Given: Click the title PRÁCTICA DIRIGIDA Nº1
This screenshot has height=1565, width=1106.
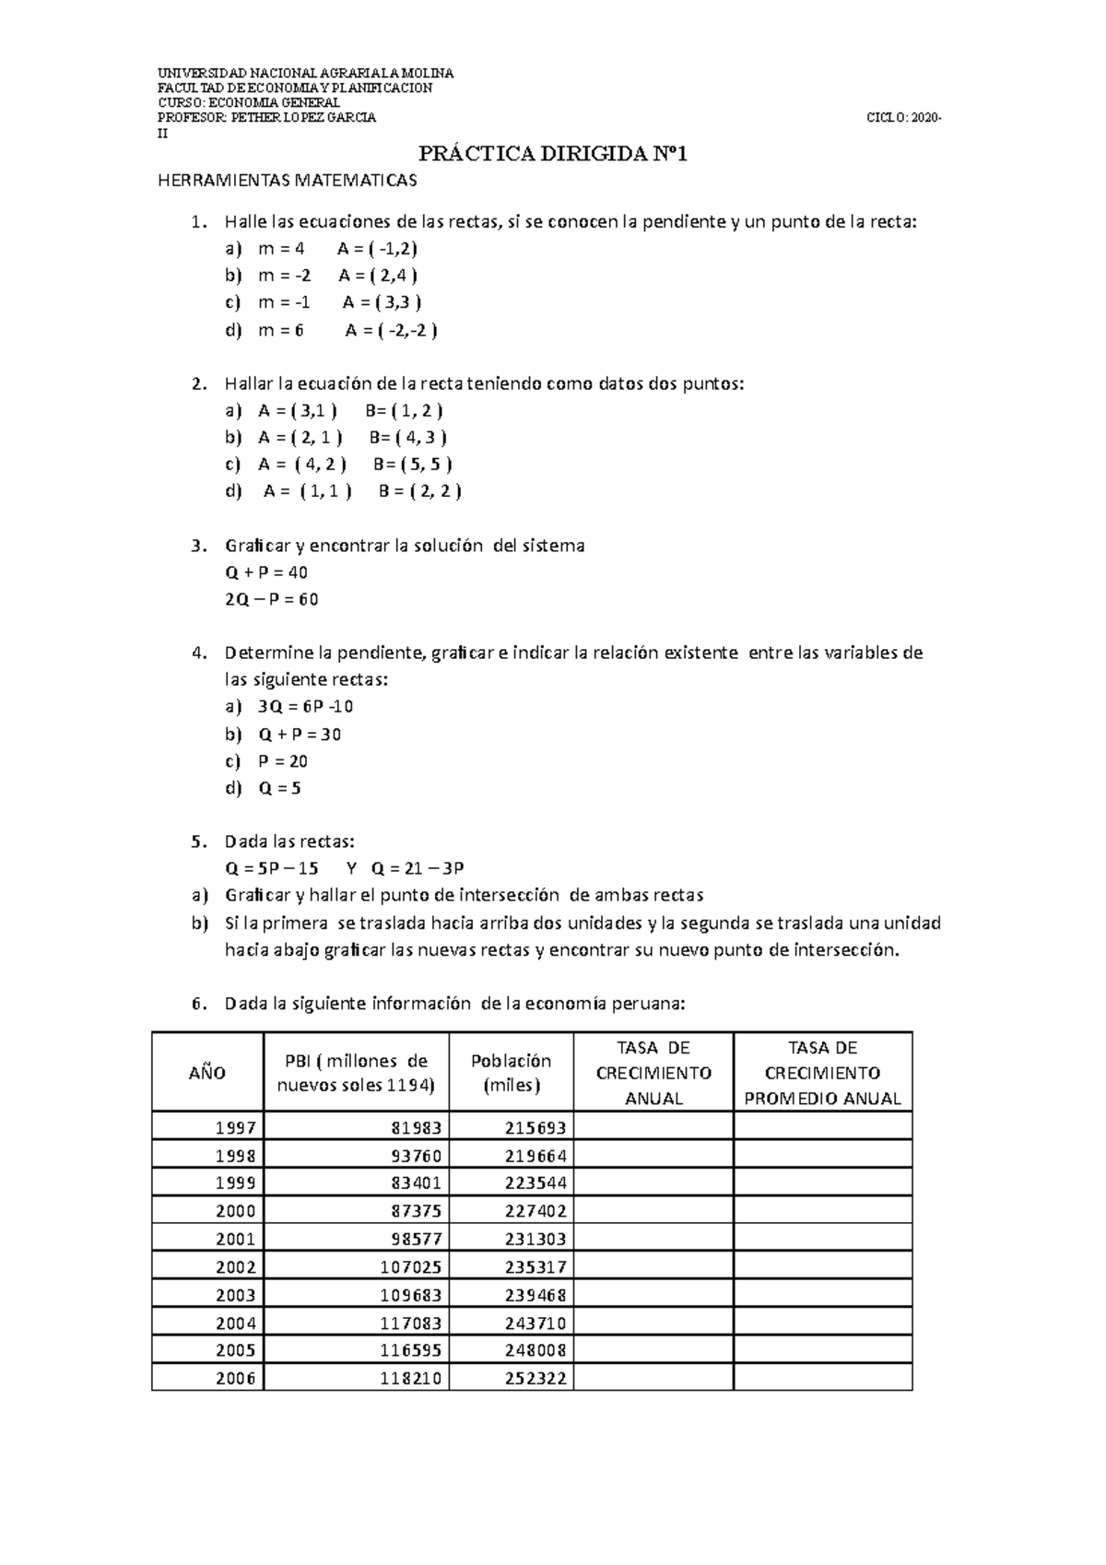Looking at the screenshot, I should point(553,154).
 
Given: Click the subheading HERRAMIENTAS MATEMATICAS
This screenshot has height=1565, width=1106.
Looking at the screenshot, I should point(288,181).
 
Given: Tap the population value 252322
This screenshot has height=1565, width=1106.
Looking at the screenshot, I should point(535,1379).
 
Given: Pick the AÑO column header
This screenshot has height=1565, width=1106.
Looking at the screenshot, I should point(207,1072).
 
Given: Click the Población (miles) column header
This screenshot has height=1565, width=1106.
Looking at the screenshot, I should point(511,1073).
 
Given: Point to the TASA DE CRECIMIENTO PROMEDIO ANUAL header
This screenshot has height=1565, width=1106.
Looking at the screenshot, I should point(822,1073).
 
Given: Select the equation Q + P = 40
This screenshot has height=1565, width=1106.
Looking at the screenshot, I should point(266,572).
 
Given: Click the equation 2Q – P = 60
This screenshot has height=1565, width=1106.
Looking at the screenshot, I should point(271,600).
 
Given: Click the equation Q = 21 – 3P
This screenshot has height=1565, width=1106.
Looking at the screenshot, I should point(418,868).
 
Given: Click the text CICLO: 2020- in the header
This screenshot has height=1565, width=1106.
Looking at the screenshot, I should point(904,118).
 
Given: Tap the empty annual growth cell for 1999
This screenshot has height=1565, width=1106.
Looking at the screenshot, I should point(653,1183).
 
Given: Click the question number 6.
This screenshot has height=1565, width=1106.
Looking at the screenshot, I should point(197,1004).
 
